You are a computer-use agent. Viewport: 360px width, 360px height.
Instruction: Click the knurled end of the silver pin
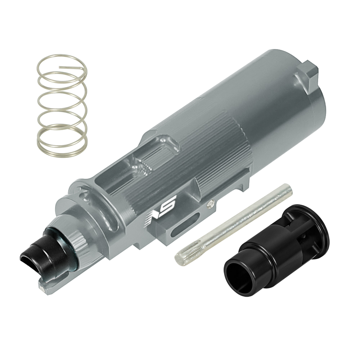coord(188,251)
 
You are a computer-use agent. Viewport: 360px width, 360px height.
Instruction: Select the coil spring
coord(62,105)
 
